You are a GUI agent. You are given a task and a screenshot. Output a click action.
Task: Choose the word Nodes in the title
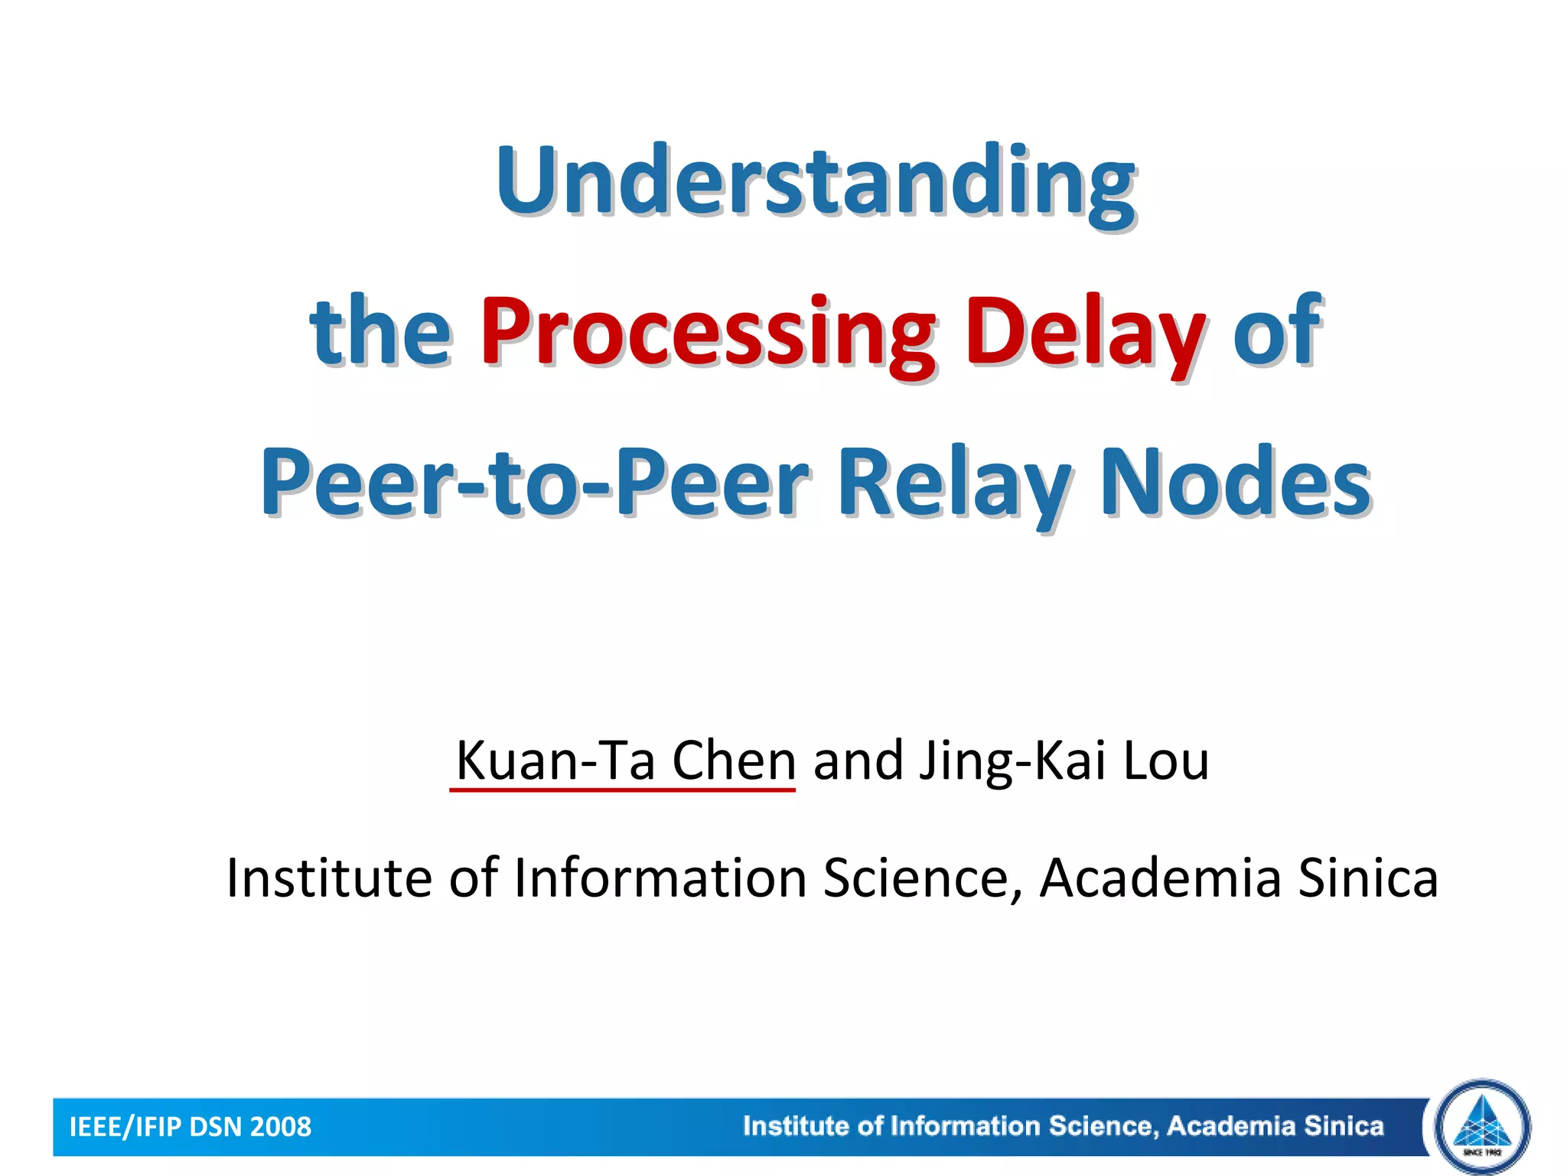[1235, 482]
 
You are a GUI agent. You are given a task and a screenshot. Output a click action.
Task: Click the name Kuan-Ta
[555, 761]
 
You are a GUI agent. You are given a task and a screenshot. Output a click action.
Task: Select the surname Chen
[734, 761]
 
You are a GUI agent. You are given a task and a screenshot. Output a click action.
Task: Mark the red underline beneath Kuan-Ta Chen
[622, 790]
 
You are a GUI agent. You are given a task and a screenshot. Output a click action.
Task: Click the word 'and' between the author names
[858, 761]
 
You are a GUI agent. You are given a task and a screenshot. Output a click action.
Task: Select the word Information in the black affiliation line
[660, 878]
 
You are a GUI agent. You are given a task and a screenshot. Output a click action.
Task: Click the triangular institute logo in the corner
[1483, 1126]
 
